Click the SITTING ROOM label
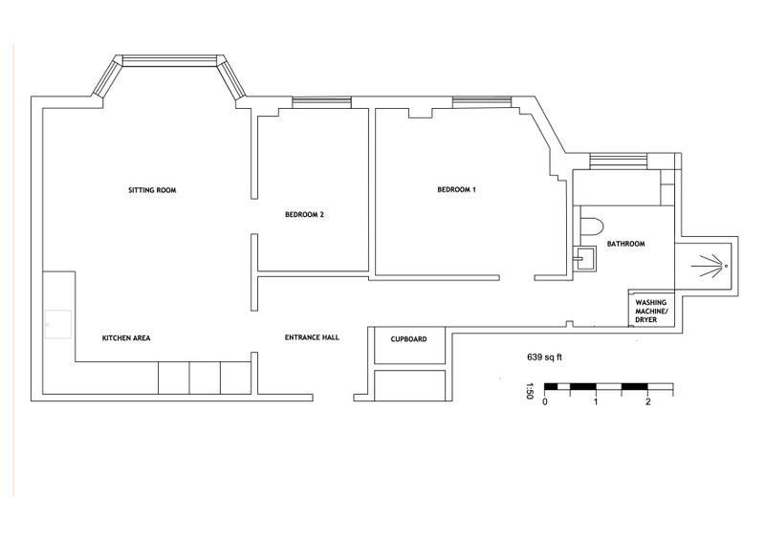pos(152,190)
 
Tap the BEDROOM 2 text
pos(304,215)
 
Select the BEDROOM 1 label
pos(457,190)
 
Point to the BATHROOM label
pos(626,244)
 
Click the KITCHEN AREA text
pos(126,338)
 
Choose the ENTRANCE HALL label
pos(312,337)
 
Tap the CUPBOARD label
pos(409,339)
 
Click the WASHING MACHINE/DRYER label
pos(651,312)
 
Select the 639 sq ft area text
pos(544,357)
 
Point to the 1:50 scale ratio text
pos(530,391)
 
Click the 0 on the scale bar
pos(545,402)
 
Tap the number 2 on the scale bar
pos(648,402)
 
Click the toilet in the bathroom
pos(592,227)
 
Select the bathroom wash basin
pos(584,257)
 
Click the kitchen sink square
pos(58,324)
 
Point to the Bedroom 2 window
pos(321,102)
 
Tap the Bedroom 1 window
pos(482,102)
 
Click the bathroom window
pos(619,162)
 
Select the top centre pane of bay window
pos(169,60)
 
